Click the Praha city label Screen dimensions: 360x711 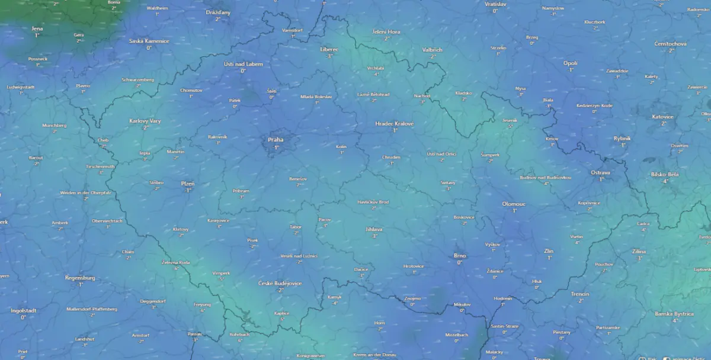coord(276,140)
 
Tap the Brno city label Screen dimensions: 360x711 coord(460,255)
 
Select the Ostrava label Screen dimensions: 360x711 coord(600,172)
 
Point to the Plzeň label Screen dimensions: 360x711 coord(187,184)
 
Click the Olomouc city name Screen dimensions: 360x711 coord(514,204)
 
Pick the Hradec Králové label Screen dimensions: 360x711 coord(395,123)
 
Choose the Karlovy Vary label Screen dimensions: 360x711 coord(145,121)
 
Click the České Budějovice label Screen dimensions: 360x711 coord(280,283)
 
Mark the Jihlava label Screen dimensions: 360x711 coord(374,229)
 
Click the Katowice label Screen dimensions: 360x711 coord(663,117)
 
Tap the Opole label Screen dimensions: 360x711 coord(570,63)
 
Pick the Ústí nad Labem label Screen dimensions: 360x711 coord(243,63)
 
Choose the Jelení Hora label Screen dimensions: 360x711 coord(386,31)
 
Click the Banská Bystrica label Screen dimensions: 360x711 coord(674,313)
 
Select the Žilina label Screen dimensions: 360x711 coord(639,251)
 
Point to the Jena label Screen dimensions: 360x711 coord(37,28)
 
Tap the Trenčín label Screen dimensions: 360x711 coord(580,294)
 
